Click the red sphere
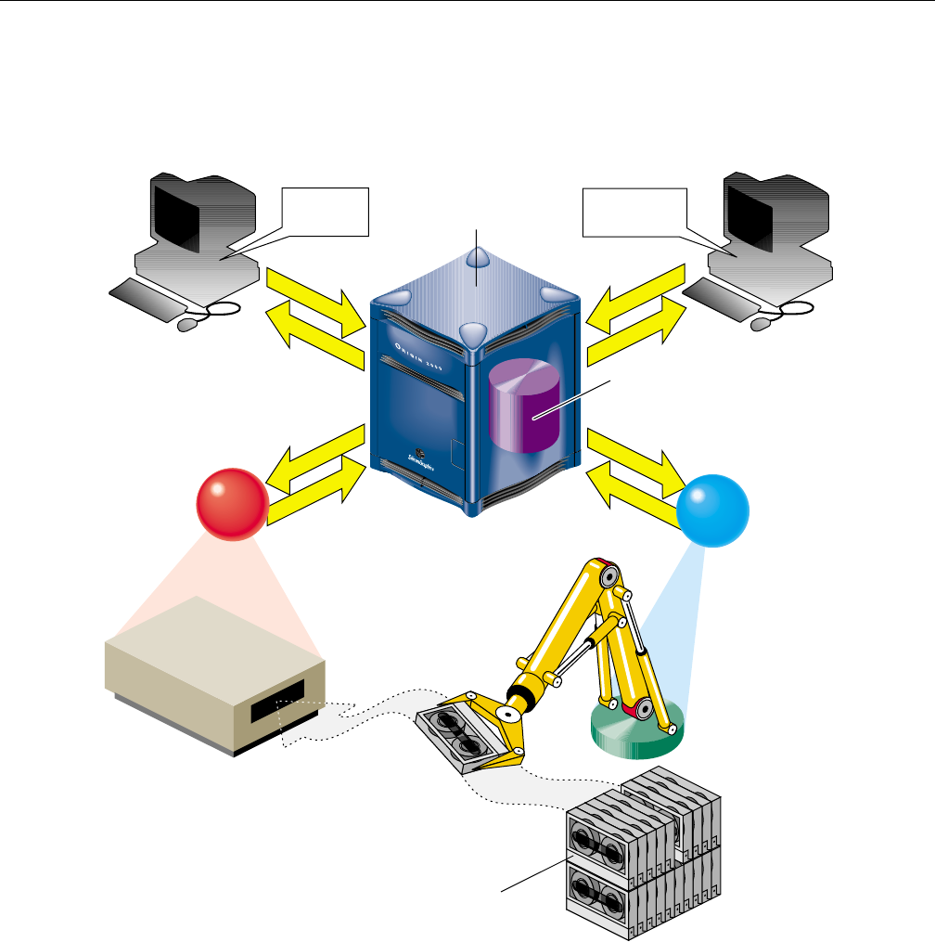click(233, 504)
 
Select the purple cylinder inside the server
click(524, 407)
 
